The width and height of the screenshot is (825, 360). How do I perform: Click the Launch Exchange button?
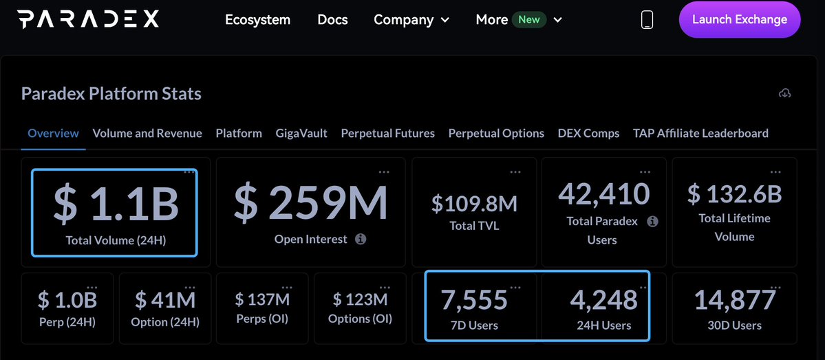(x=739, y=19)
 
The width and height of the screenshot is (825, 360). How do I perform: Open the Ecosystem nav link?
(x=257, y=20)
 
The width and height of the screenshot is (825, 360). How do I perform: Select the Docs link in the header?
(x=332, y=20)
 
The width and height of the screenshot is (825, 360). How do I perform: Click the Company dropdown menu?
(x=411, y=20)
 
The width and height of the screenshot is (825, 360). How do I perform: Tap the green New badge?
(x=528, y=19)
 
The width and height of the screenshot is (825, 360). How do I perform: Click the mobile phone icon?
(x=647, y=20)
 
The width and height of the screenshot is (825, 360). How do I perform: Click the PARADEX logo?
(x=88, y=19)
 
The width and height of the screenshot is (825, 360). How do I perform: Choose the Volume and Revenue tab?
(x=147, y=133)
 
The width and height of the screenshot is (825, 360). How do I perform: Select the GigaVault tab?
(x=301, y=133)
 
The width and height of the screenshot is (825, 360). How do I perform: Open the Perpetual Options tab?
(x=496, y=133)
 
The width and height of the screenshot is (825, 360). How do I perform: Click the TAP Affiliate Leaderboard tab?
(x=700, y=133)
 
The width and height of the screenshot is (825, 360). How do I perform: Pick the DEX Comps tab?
(x=588, y=133)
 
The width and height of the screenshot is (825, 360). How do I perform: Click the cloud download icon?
(x=784, y=93)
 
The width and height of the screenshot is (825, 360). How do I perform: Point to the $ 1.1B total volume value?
(x=116, y=204)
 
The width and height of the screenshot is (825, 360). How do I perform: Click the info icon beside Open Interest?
(x=361, y=240)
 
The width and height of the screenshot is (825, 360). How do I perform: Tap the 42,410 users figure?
(x=603, y=193)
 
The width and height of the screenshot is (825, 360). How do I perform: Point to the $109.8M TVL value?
(x=474, y=203)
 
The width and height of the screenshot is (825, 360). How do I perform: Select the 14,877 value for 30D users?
(x=734, y=300)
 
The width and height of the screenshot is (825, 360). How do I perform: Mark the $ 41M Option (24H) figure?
(x=165, y=300)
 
